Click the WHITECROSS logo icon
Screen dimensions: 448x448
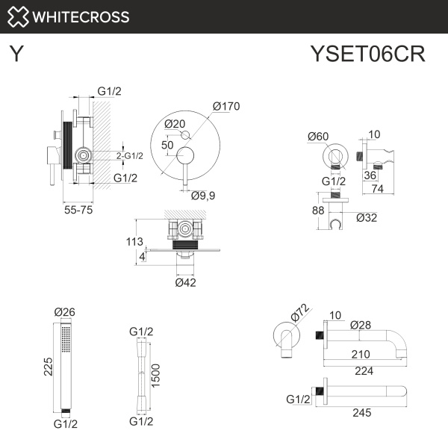[19, 16]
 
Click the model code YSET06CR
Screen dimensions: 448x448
[367, 55]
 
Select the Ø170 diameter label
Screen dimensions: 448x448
[225, 106]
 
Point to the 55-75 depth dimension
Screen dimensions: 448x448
[78, 211]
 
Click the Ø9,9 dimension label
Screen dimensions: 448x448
[202, 196]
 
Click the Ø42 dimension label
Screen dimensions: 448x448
[185, 282]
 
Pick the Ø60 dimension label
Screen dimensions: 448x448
[318, 136]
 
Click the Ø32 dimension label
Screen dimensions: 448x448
[366, 217]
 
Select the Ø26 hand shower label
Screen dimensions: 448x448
[65, 312]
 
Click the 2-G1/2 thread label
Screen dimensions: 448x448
[130, 155]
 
